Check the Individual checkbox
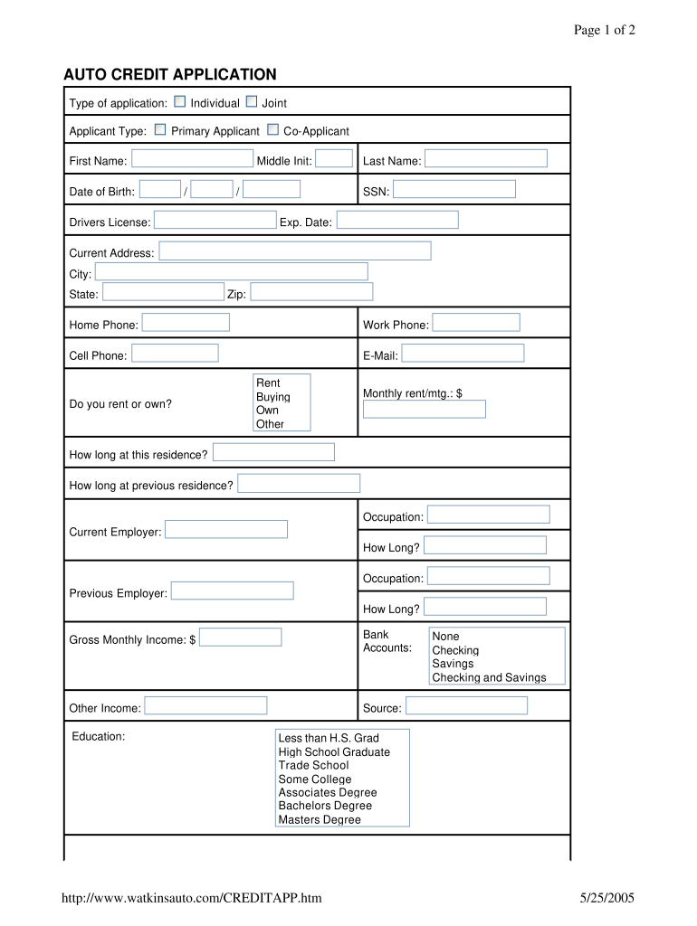click(179, 102)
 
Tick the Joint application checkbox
click(251, 102)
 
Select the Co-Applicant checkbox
click(272, 130)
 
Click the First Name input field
click(192, 159)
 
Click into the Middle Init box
click(334, 159)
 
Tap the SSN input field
click(454, 190)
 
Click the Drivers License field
click(215, 221)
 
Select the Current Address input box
click(295, 251)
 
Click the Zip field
click(311, 292)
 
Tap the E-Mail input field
click(463, 354)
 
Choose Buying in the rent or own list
click(273, 397)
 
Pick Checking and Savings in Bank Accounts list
click(489, 677)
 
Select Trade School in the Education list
click(313, 765)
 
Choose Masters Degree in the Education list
click(320, 819)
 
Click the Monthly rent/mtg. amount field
click(424, 410)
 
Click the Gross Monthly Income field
click(240, 638)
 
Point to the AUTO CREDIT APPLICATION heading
click(169, 74)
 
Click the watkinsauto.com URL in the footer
click(191, 898)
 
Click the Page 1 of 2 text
click(605, 30)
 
